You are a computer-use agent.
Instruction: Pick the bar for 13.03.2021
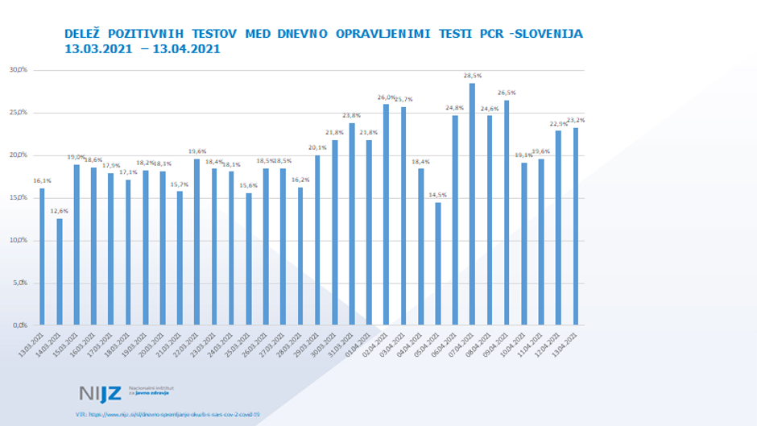(x=42, y=257)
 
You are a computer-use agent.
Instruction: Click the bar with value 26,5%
(x=507, y=213)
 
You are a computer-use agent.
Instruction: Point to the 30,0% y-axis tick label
(x=18, y=70)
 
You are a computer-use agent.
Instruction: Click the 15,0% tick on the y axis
(x=18, y=197)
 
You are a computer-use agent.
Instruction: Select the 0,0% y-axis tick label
(x=19, y=325)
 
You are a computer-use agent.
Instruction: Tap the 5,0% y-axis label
(x=19, y=283)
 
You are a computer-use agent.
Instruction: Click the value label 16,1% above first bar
(x=42, y=181)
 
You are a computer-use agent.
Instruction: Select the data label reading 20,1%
(x=317, y=147)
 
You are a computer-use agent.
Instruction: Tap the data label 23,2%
(x=576, y=120)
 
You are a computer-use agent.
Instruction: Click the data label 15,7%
(x=180, y=184)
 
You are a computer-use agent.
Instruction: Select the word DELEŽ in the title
(x=85, y=34)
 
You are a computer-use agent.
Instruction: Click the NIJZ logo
(x=101, y=393)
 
